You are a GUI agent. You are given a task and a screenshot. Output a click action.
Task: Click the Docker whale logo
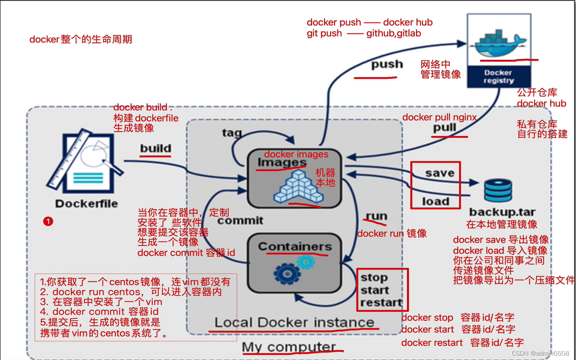[x=498, y=43]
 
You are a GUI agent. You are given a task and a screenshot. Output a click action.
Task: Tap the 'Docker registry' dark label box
[x=499, y=76]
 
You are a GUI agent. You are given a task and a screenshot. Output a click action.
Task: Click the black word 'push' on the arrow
[x=387, y=65]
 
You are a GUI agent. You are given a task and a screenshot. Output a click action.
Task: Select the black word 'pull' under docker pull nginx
[x=445, y=128]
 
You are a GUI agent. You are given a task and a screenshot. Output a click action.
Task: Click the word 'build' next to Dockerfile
[x=156, y=148]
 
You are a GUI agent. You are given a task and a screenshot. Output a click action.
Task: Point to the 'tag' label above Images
[x=232, y=132]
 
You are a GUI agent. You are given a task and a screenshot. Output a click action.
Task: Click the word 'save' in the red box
[x=440, y=173]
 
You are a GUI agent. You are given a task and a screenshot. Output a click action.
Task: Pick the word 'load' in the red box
[x=436, y=201]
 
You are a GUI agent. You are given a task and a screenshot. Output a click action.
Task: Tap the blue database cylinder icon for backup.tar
[x=498, y=191]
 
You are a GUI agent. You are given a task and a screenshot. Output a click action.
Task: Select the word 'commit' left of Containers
[x=240, y=220]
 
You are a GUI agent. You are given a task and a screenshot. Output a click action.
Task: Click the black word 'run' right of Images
[x=376, y=216]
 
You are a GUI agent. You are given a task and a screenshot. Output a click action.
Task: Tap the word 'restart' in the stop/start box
[x=381, y=302]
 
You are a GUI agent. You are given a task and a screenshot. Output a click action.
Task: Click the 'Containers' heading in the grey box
[x=295, y=247]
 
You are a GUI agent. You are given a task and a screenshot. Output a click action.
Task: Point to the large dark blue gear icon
[x=286, y=274]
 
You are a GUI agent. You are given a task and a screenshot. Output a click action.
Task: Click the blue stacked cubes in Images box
[x=298, y=187]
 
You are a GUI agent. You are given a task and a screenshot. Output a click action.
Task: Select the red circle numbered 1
[x=48, y=222]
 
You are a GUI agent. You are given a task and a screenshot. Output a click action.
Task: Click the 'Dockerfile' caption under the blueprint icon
[x=87, y=204]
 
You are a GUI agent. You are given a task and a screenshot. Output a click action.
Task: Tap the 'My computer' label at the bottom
[x=289, y=347]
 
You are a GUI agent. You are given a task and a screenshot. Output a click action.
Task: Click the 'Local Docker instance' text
[x=294, y=322]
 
